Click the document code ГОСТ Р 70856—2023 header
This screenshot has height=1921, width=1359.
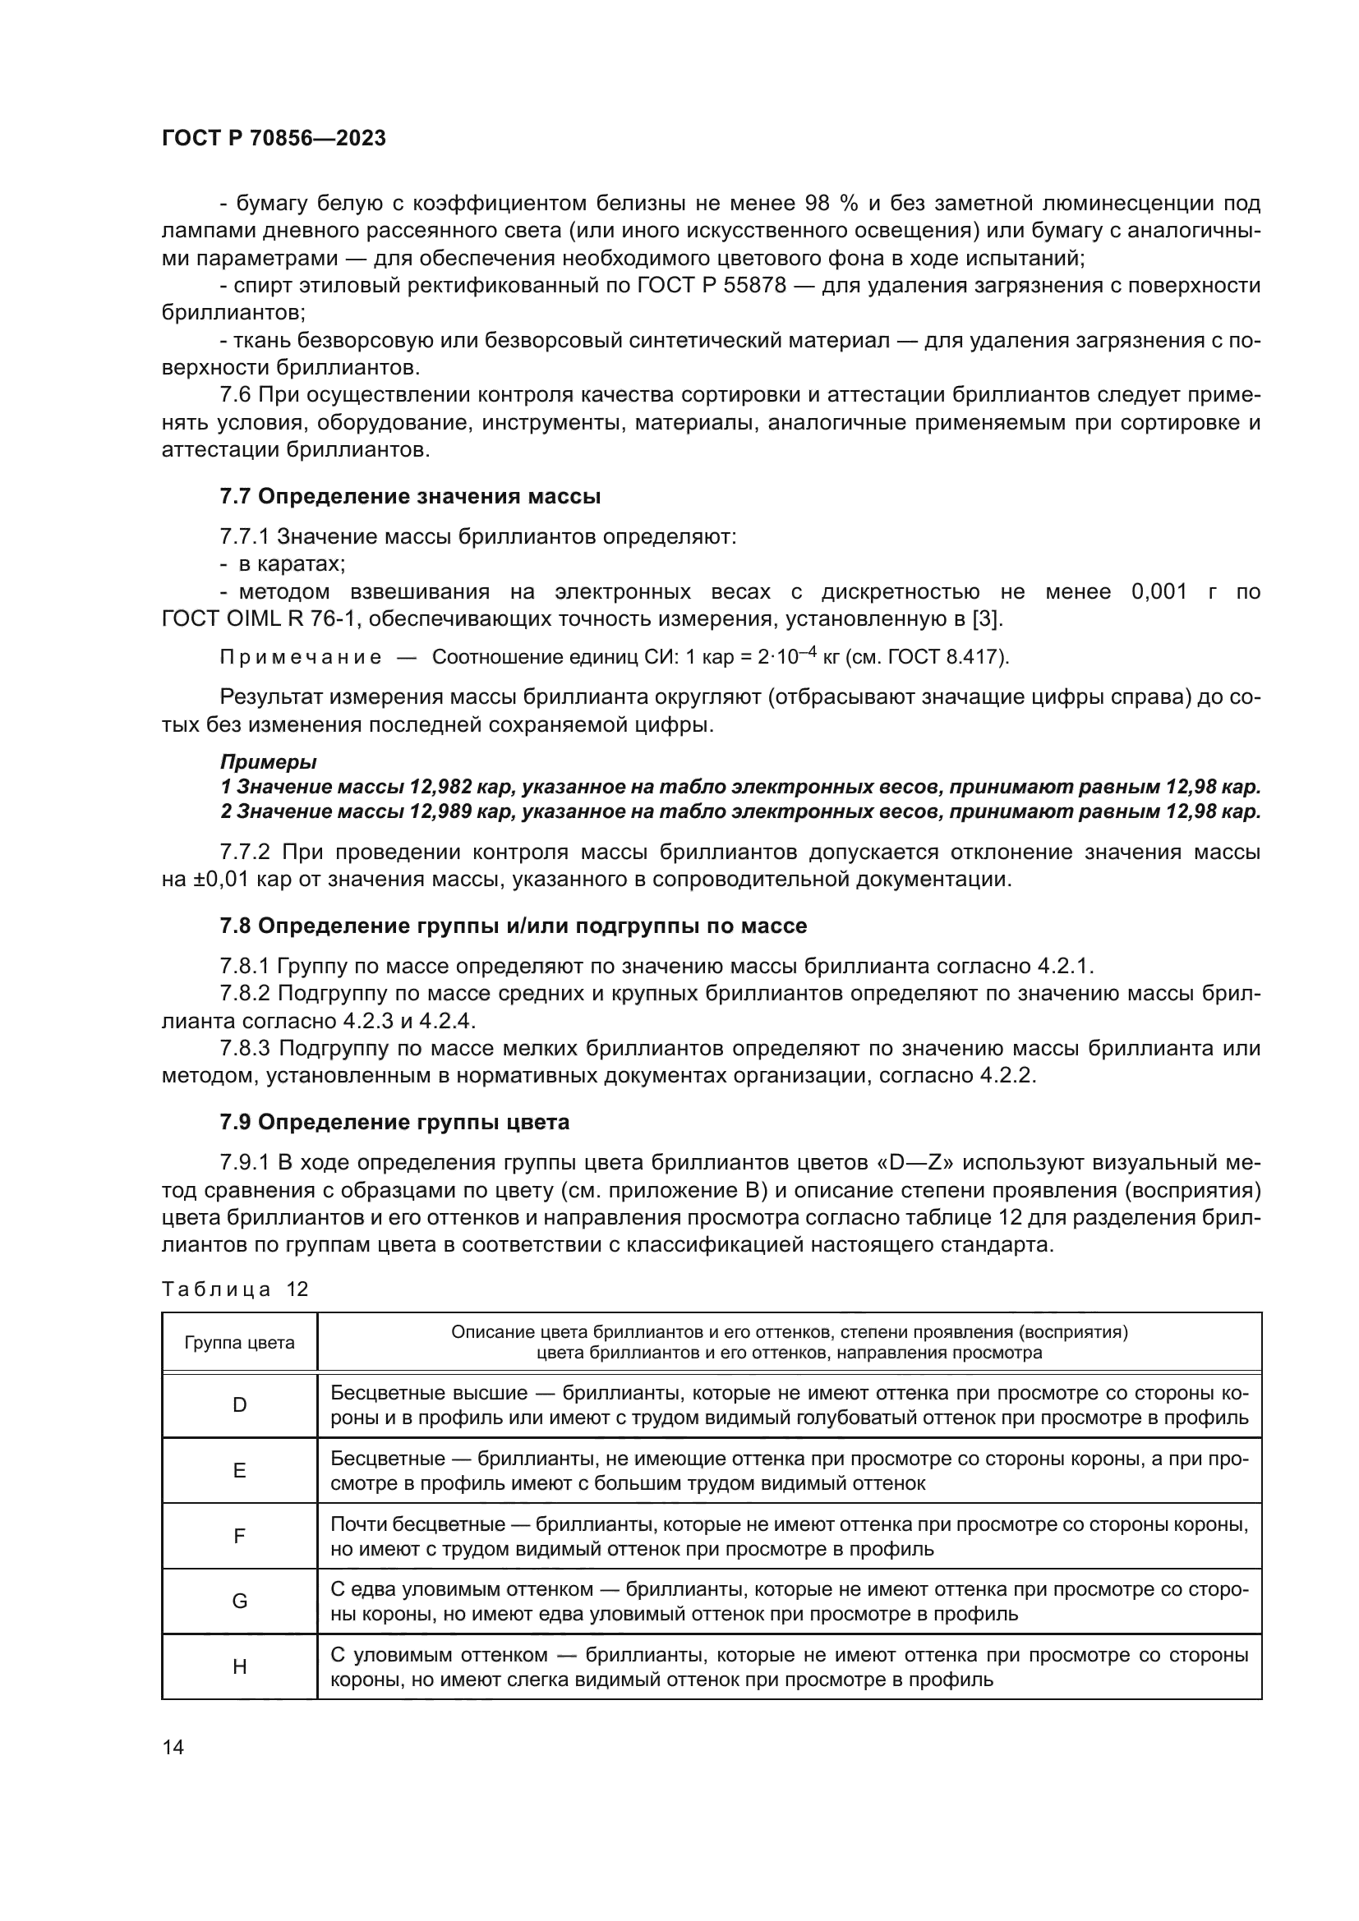[274, 139]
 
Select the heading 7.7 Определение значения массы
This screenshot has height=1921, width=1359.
[410, 497]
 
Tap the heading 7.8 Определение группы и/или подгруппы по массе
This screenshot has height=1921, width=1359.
[513, 926]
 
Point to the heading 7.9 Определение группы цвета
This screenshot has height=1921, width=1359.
[394, 1123]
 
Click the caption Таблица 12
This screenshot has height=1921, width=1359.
[235, 1289]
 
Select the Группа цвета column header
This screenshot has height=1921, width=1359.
[239, 1343]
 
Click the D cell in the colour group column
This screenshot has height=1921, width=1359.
[239, 1405]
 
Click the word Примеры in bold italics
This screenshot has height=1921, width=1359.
[268, 762]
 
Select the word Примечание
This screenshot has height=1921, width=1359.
[301, 657]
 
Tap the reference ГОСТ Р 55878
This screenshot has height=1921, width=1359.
[712, 286]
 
